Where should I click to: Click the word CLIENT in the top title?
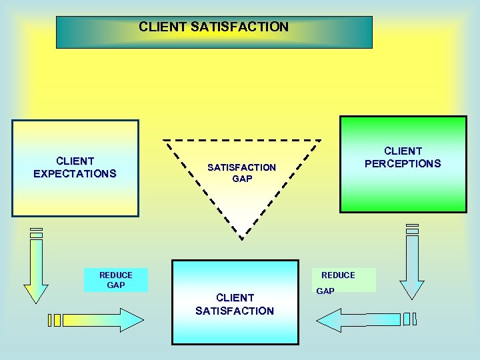pos(163,27)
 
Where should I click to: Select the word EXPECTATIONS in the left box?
pos(75,174)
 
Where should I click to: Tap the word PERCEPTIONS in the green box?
pos(403,163)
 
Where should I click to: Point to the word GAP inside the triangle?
pos(242,179)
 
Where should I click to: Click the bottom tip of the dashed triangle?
pos(242,238)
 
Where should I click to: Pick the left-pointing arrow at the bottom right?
pos(360,320)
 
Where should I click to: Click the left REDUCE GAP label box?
pos(115,280)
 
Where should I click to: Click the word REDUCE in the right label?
pos(338,275)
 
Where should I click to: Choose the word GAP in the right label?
pos(325,291)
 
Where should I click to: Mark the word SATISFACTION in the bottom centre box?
pos(235,311)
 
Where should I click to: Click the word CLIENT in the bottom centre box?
pos(235,298)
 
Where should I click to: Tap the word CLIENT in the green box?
pos(403,151)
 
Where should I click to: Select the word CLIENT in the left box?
pos(75,161)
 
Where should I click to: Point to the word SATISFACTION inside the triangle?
pos(241,168)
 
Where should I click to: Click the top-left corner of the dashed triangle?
pos(164,141)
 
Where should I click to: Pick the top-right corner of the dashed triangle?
pos(321,141)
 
